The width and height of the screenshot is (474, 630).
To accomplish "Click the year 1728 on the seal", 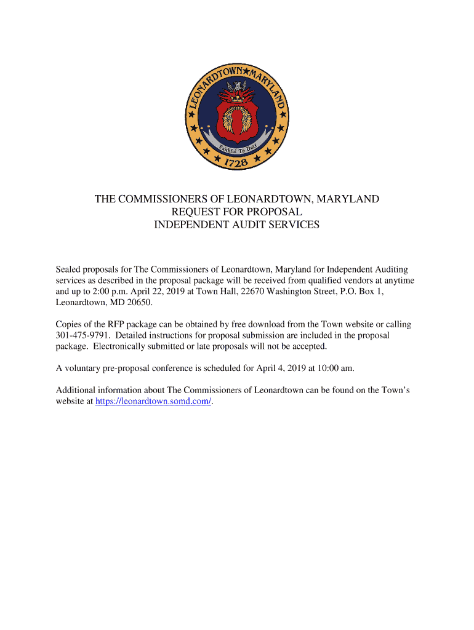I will pyautogui.click(x=236, y=162).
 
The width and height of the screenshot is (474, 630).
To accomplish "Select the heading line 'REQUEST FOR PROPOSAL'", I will pyautogui.click(x=236, y=212).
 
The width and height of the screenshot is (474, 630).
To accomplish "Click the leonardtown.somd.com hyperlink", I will pyautogui.click(x=153, y=401).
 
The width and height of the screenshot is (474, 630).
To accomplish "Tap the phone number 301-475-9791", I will pyautogui.click(x=83, y=335).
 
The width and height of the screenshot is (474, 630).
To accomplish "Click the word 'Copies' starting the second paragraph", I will pyautogui.click(x=70, y=324).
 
